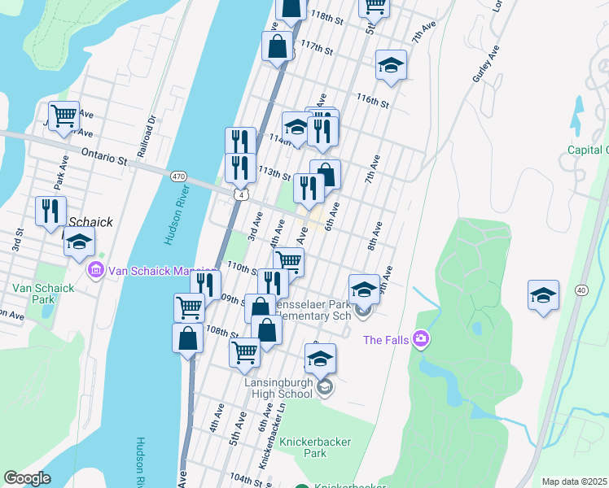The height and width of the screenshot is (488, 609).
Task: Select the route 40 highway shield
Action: pos(581,290)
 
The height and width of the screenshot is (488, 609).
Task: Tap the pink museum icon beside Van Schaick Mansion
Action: pos(95,269)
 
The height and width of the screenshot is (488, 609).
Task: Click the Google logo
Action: pos(27,478)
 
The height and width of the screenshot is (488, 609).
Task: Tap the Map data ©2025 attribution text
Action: pos(573,481)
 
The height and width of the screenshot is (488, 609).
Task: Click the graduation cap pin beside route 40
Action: pos(542,295)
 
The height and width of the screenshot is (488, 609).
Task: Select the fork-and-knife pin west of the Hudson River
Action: pos(50,211)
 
